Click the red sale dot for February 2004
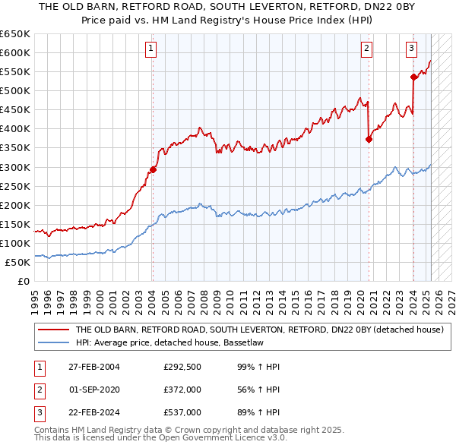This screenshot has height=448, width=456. click(x=153, y=169)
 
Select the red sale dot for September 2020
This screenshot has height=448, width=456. click(x=369, y=139)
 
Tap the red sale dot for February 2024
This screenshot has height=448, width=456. click(x=413, y=77)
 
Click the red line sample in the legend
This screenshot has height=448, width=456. click(x=53, y=330)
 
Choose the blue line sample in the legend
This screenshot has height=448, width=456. click(x=53, y=342)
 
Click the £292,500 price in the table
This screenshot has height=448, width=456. click(x=182, y=368)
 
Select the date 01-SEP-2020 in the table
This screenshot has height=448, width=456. click(x=94, y=390)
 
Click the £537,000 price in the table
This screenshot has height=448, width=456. click(x=182, y=413)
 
